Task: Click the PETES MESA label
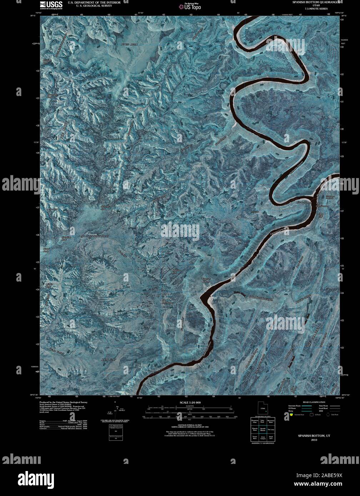click(x=129, y=44)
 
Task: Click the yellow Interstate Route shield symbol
click(x=291, y=415)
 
